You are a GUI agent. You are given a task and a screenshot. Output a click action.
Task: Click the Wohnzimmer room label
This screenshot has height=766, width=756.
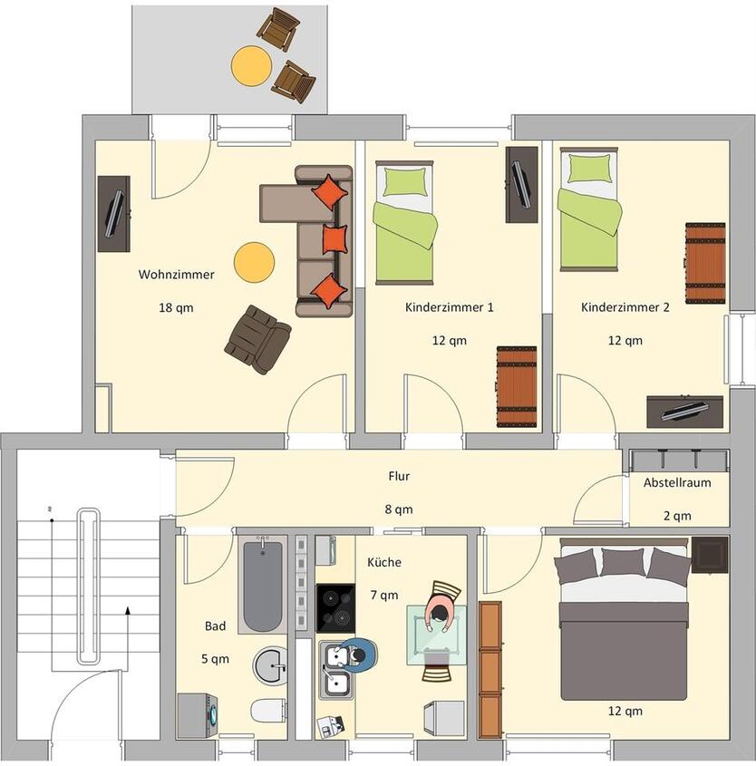176,274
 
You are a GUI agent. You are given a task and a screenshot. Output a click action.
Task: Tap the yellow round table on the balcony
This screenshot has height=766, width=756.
251,65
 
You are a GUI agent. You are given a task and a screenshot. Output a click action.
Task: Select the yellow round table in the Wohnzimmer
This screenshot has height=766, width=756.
254,262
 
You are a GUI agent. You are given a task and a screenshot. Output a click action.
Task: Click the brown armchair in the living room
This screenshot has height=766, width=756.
257,339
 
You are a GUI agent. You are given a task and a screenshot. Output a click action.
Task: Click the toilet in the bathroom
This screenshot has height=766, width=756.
269,710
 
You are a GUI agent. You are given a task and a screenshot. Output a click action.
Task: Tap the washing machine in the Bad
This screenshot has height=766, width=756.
199,715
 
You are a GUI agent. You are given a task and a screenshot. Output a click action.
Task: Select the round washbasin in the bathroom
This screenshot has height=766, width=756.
270,666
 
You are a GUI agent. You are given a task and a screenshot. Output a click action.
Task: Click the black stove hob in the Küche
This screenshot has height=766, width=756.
335,606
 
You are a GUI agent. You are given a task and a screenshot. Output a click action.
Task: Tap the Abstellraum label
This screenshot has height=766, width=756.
677,482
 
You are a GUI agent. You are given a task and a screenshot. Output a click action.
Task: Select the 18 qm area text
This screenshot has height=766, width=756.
176,307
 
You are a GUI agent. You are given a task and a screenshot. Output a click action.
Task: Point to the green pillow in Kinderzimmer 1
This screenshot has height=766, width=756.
404,182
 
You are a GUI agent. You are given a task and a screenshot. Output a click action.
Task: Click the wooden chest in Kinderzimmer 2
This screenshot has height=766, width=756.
704,263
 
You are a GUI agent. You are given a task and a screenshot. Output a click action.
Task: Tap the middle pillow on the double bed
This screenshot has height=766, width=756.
623,563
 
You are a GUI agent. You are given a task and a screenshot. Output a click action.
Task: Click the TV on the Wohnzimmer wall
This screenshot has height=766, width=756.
114,214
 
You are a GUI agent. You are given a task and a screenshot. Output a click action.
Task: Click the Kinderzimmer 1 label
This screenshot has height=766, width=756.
449,307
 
